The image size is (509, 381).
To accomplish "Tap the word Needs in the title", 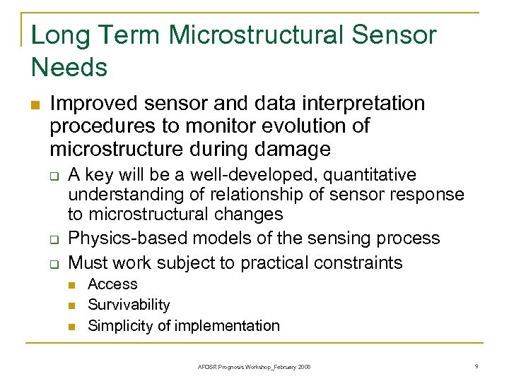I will click(69, 68).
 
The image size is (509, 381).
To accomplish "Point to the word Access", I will click(112, 284).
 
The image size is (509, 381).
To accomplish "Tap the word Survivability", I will click(129, 305).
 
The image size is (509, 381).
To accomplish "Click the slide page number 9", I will click(477, 366).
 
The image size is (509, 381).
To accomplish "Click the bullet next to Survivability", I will click(72, 306).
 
